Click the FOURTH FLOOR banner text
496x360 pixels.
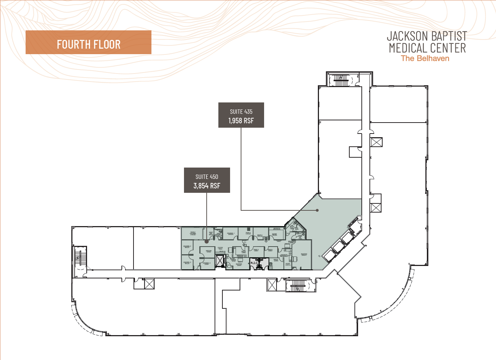tap(89, 45)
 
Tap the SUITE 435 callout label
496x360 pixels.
tap(241, 112)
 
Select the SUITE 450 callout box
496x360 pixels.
tap(207, 180)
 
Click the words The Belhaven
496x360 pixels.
tap(425, 59)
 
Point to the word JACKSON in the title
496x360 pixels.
tap(407, 36)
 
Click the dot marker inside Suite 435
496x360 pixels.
tap(317, 210)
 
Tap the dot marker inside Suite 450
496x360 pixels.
tap(207, 241)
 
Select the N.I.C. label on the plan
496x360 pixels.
tap(255, 263)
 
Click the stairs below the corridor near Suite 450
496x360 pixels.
tap(298, 285)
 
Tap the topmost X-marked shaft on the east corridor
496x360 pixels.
tap(376, 142)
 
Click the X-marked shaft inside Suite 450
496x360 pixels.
tap(219, 261)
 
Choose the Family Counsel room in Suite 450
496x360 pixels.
tap(193, 233)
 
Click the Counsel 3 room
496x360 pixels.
tap(187, 263)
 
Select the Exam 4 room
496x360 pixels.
tap(248, 233)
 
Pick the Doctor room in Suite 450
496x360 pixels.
tap(209, 251)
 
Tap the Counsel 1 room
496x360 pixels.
tap(230, 233)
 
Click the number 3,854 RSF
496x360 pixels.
tap(207, 186)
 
